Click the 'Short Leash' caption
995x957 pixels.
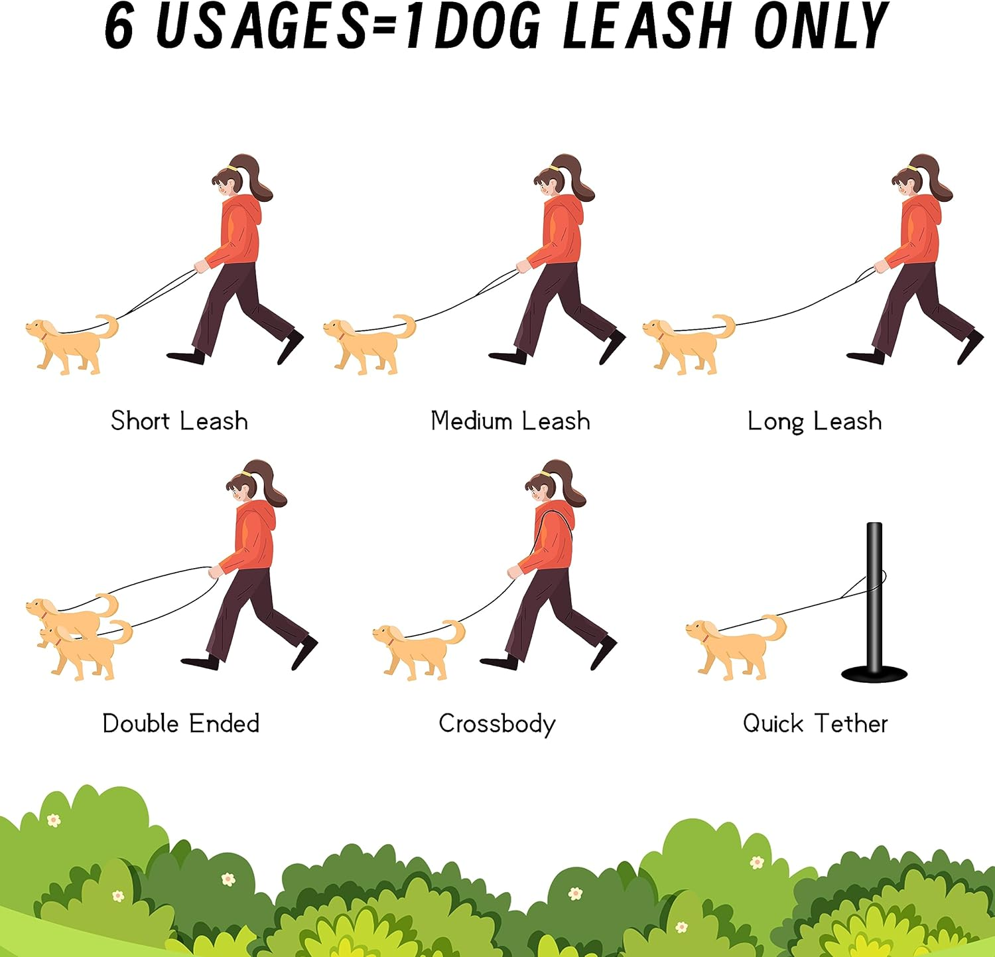[179, 421]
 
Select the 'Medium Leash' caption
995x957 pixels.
[510, 421]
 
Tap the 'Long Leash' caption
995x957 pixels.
[815, 421]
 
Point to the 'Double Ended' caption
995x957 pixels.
[180, 723]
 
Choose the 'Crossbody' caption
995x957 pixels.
[497, 723]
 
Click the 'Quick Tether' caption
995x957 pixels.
[815, 723]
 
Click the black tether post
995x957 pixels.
[874, 597]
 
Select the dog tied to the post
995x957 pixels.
[733, 647]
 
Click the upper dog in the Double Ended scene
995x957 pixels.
[66, 614]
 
